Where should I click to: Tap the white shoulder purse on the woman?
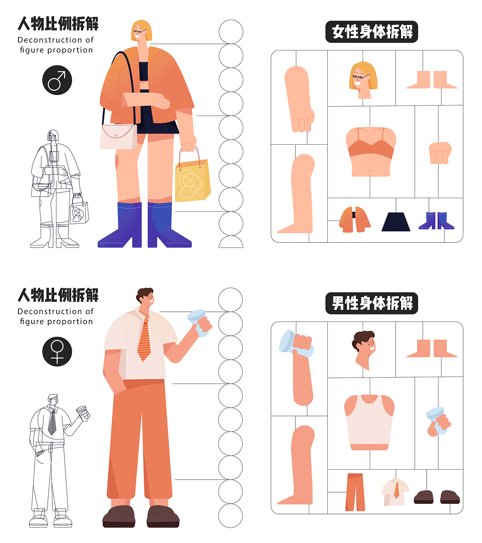(118, 137)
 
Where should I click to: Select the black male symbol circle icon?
(57, 80)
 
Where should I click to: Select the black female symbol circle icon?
(57, 351)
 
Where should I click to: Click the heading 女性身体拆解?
(372, 32)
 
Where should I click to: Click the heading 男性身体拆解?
(372, 303)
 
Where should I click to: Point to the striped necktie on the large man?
(144, 339)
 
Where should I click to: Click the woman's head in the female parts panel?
(363, 80)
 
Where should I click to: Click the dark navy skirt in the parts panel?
(396, 222)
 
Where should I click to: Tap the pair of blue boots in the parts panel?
(436, 221)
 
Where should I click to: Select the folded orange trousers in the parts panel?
(355, 492)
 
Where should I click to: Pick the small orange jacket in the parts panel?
(355, 219)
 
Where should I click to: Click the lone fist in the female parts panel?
(440, 153)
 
